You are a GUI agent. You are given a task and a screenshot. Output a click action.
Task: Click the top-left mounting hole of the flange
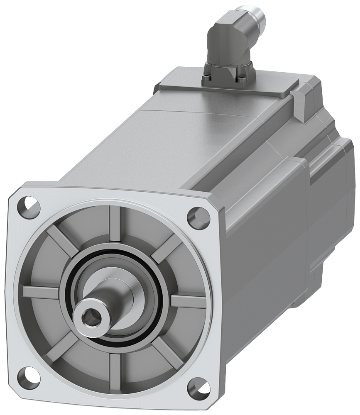pyautogui.click(x=32, y=204)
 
